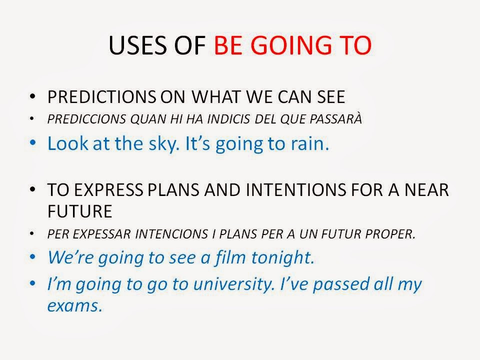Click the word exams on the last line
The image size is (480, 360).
(x=74, y=305)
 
